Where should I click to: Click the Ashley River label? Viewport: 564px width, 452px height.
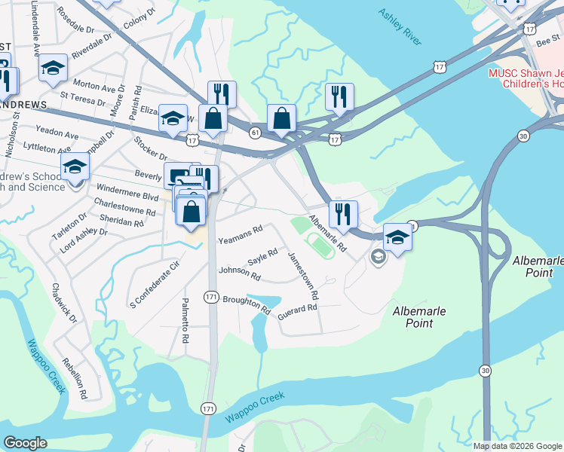coord(400,26)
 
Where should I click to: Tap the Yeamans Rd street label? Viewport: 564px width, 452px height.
coord(240,234)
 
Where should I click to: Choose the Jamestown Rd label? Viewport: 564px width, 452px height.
coord(304,273)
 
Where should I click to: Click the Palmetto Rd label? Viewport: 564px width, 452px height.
coord(185,320)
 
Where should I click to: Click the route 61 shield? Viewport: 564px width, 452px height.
coord(255,133)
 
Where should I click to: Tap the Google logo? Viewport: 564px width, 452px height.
coord(25,443)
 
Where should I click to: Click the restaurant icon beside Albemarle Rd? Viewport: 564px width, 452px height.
coord(343,214)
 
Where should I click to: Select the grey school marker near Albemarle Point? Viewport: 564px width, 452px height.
coord(377,258)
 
